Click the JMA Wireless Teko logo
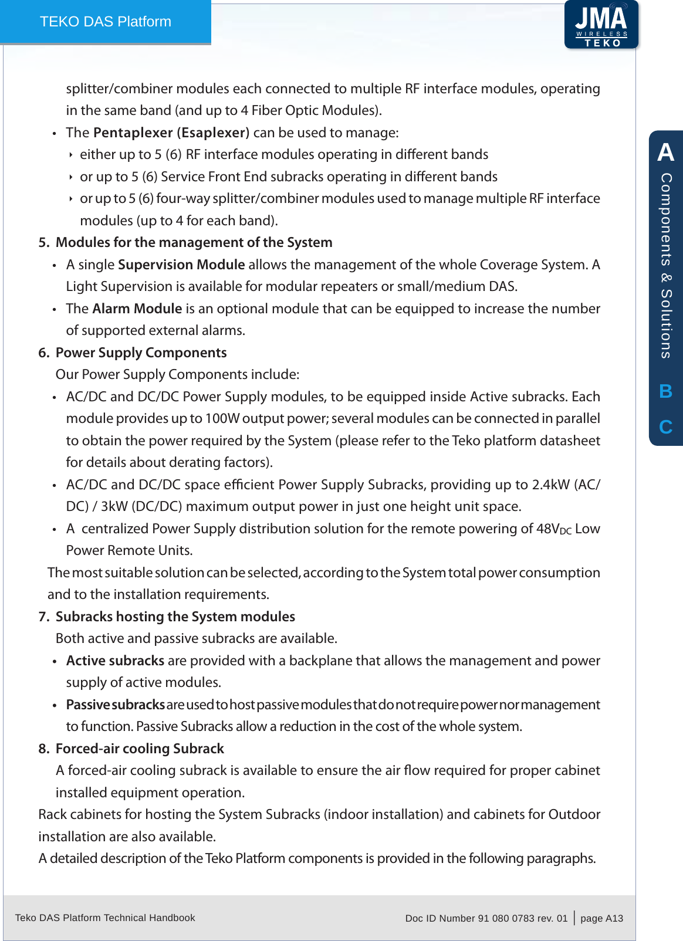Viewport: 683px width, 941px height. click(601, 25)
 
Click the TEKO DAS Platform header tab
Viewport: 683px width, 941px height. click(106, 22)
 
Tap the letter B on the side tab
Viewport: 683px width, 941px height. click(665, 391)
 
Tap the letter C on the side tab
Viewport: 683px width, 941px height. click(665, 427)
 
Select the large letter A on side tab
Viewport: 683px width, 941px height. click(665, 152)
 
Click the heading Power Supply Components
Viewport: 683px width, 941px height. click(141, 353)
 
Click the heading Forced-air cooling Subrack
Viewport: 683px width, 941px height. click(140, 749)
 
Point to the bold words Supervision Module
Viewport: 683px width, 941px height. click(181, 265)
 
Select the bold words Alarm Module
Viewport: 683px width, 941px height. click(137, 309)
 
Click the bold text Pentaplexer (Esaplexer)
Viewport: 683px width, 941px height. click(171, 133)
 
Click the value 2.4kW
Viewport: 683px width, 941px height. click(550, 485)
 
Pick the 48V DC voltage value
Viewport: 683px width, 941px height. click(553, 529)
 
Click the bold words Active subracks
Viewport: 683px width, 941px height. click(115, 661)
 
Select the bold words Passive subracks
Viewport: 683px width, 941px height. click(115, 705)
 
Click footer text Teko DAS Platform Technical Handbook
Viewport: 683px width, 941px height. click(105, 918)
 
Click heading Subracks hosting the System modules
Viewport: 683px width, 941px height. click(175, 617)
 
